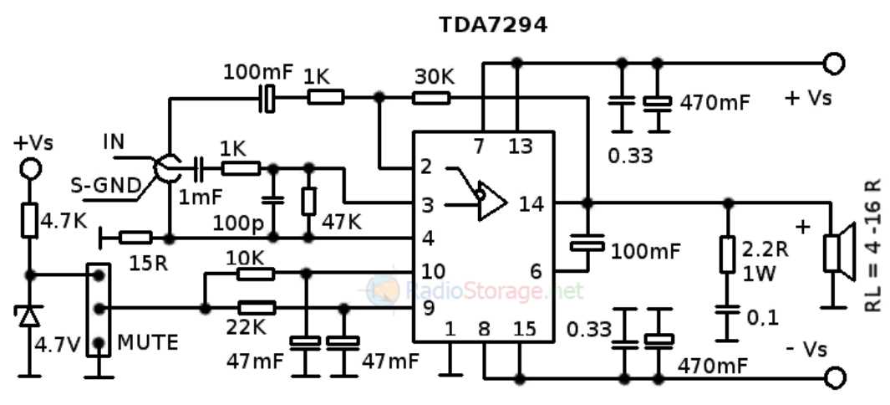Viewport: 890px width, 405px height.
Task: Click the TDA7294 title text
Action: tap(493, 25)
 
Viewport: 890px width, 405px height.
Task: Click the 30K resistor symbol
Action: tap(431, 98)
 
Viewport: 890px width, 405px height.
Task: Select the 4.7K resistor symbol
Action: tap(31, 222)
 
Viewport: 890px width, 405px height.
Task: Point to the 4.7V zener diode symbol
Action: tap(31, 315)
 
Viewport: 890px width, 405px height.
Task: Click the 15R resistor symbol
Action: tap(135, 238)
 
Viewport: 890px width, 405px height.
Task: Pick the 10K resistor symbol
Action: tap(255, 273)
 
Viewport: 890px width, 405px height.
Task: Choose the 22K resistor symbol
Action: tap(255, 307)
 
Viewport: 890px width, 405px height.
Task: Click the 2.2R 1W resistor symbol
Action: tap(728, 255)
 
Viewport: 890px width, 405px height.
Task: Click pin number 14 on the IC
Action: tap(531, 202)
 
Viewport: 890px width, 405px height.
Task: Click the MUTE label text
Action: tap(148, 342)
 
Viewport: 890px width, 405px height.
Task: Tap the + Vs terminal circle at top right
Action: tap(833, 64)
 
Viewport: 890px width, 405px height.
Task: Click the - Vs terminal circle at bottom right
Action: tap(833, 377)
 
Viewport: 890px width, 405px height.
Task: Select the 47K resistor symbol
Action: tap(308, 201)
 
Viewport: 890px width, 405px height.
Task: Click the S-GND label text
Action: tap(104, 186)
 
